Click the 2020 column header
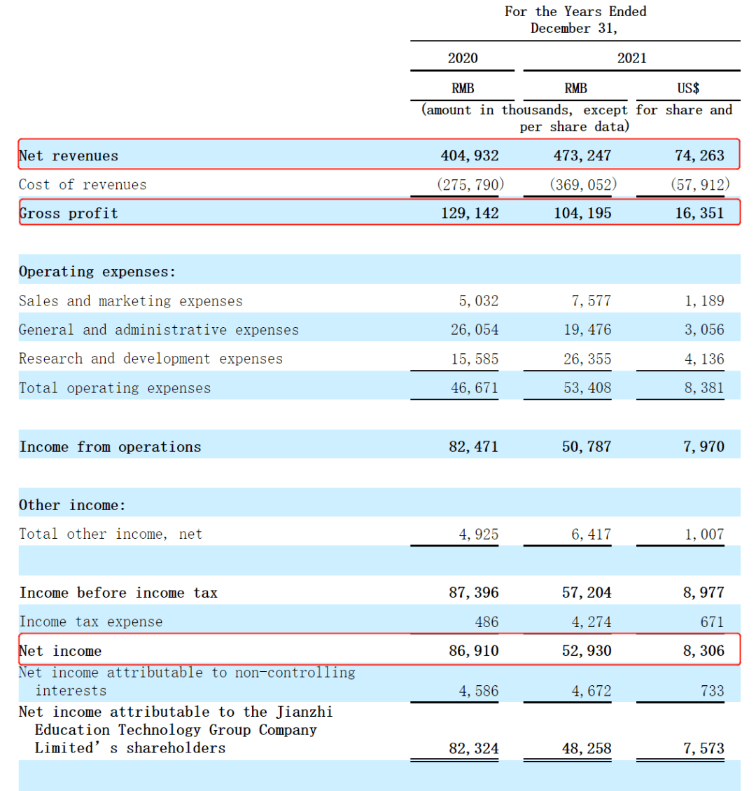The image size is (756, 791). coord(463,58)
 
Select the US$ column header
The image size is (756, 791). coord(687,88)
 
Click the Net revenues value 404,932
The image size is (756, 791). coord(470,156)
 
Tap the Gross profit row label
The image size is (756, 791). coord(69,213)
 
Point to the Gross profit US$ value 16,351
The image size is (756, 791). coord(699,213)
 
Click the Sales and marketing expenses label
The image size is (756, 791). coord(130,301)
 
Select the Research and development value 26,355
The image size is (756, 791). coord(587,359)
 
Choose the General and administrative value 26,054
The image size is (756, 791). coord(475,329)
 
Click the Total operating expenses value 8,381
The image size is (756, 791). coord(704,387)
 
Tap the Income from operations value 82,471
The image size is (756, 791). coord(473,446)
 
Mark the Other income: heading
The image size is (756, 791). coord(72,505)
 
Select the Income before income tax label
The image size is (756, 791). coord(118,593)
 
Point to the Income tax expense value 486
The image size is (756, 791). coord(486,621)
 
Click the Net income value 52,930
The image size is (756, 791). coord(586,650)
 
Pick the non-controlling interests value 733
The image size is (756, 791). coord(712,691)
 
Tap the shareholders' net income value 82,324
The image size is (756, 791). coord(474,748)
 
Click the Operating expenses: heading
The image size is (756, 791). coord(97,271)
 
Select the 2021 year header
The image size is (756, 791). coord(631,58)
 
